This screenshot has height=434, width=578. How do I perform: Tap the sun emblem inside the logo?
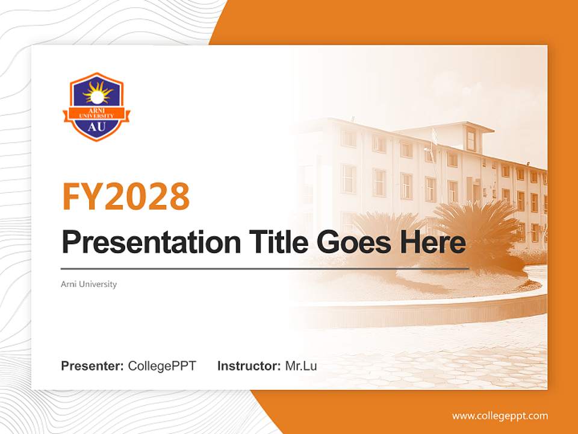coord(97,93)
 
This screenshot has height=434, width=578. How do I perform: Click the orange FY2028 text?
coord(126,197)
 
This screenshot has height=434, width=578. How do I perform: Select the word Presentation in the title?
coord(151,242)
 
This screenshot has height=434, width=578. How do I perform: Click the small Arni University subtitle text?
coord(89,284)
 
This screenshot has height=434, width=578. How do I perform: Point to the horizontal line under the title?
coord(265,268)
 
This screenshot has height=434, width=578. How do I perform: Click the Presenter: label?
coord(93,366)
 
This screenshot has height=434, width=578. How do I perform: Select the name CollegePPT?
coord(162,366)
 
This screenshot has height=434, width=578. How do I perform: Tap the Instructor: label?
coord(249,366)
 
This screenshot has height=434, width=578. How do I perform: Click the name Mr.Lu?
coord(301,366)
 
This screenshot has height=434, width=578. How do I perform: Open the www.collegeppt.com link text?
coord(500,416)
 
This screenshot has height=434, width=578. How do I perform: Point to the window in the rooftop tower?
coord(471,140)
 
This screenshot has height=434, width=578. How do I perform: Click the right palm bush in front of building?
coord(476,226)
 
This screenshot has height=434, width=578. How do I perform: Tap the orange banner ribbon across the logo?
coord(96,113)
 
